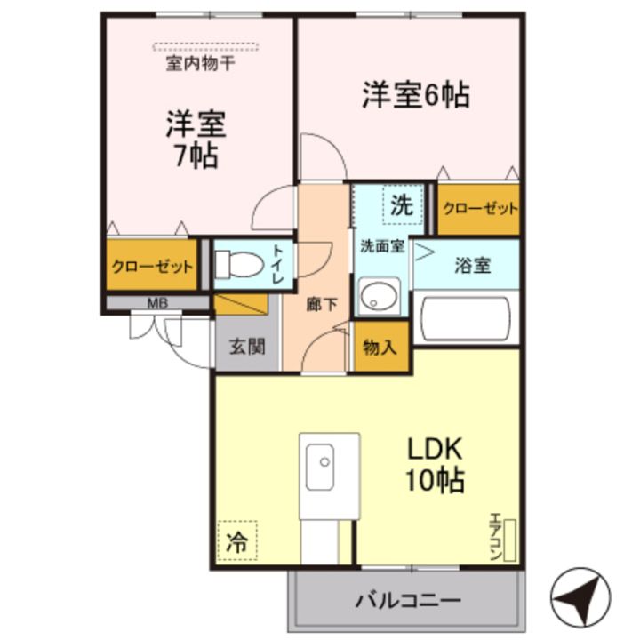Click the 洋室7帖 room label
(x=196, y=140)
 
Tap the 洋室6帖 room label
(x=415, y=95)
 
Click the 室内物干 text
(x=200, y=64)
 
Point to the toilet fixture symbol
(x=237, y=265)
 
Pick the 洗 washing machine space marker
(x=402, y=206)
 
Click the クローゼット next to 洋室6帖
(x=479, y=208)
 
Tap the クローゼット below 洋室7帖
(x=152, y=266)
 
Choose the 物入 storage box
(x=380, y=347)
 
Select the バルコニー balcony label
(x=408, y=600)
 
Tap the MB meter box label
(x=156, y=303)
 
